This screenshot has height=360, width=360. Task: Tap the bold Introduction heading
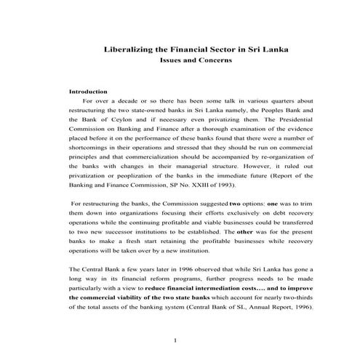pyautogui.click(x=88, y=92)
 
